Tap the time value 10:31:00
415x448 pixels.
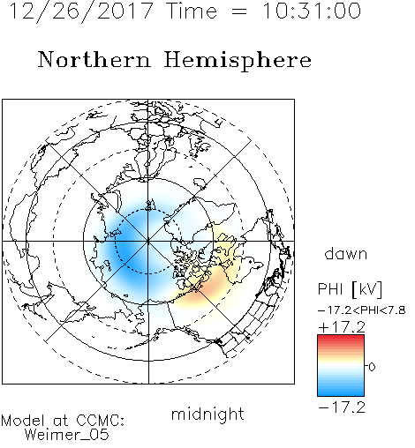[312, 11]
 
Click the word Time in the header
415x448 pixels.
[192, 11]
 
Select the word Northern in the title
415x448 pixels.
[94, 59]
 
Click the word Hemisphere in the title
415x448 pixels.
[238, 61]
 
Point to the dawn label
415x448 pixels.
[346, 253]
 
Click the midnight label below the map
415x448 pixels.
[207, 414]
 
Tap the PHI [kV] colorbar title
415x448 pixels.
[351, 289]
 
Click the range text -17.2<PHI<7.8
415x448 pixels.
[362, 310]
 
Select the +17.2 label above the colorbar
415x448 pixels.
[342, 327]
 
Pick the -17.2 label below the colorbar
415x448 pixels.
[342, 407]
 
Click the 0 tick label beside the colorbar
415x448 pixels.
[372, 367]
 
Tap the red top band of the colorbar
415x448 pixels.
[341, 338]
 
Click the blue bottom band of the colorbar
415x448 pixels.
[341, 392]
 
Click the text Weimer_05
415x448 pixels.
[67, 435]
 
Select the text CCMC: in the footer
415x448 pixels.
[101, 421]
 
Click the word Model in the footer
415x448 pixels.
[23, 421]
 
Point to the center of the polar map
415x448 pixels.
[148, 242]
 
